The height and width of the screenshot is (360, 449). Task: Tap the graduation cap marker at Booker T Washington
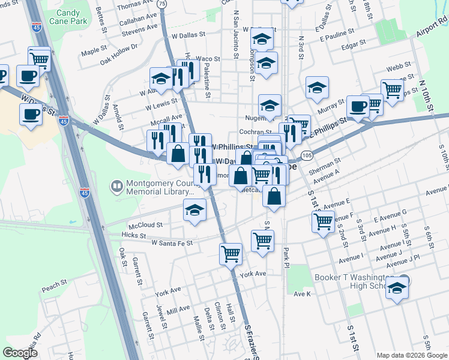pyautogui.click(x=397, y=289)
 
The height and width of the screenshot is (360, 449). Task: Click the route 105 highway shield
pyautogui.click(x=307, y=156)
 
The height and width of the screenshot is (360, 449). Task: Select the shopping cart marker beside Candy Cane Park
pyautogui.click(x=39, y=59)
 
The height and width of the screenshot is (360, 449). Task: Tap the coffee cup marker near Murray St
pyautogui.click(x=358, y=106)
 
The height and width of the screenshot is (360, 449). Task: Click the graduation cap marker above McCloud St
pyautogui.click(x=194, y=211)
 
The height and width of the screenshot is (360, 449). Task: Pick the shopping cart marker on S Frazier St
pyautogui.click(x=231, y=254)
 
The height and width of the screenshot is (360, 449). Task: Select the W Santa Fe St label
pyautogui.click(x=172, y=243)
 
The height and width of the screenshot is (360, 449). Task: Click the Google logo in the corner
pyautogui.click(x=20, y=352)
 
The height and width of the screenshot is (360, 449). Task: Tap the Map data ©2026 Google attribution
pyautogui.click(x=412, y=355)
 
